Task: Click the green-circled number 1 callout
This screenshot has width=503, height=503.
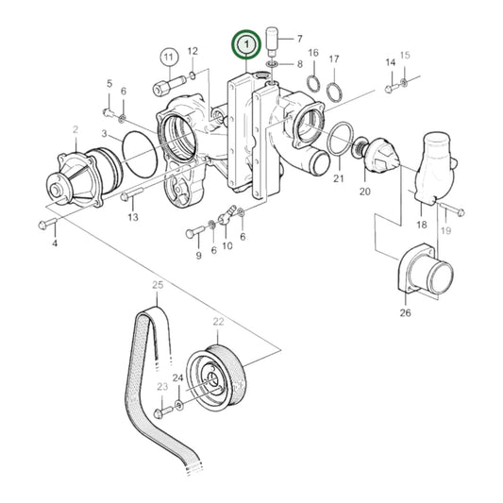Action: coord(247,44)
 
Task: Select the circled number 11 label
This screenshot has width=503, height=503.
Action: coord(169,59)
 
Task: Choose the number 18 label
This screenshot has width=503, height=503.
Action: coord(422,226)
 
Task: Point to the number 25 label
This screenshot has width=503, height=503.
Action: coord(158,284)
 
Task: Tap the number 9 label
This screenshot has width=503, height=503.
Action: coord(199,254)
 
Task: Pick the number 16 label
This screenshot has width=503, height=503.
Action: coord(313,53)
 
